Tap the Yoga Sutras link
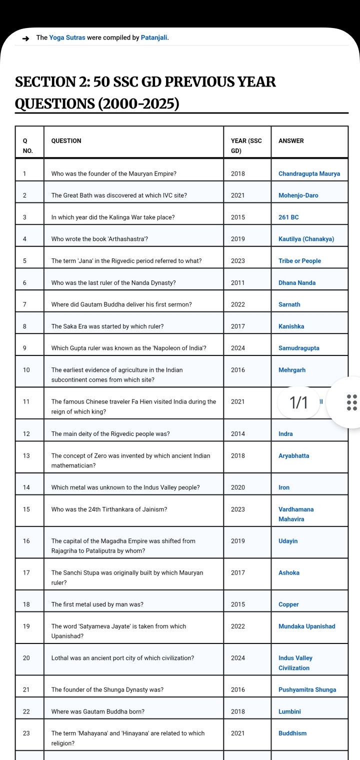[67, 38]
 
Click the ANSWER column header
[291, 141]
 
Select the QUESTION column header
[66, 141]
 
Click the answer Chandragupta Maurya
[309, 174]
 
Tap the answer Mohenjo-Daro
[298, 195]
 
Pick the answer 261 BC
[288, 217]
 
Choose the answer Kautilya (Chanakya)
[306, 239]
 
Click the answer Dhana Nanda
[297, 283]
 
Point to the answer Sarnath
[289, 304]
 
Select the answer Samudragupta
[299, 348]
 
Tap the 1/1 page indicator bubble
[298, 402]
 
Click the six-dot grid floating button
[351, 402]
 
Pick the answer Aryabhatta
[294, 456]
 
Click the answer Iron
[284, 487]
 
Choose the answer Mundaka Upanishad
[307, 626]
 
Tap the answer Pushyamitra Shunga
[307, 690]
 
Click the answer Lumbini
[289, 711]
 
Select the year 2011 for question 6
[238, 283]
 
